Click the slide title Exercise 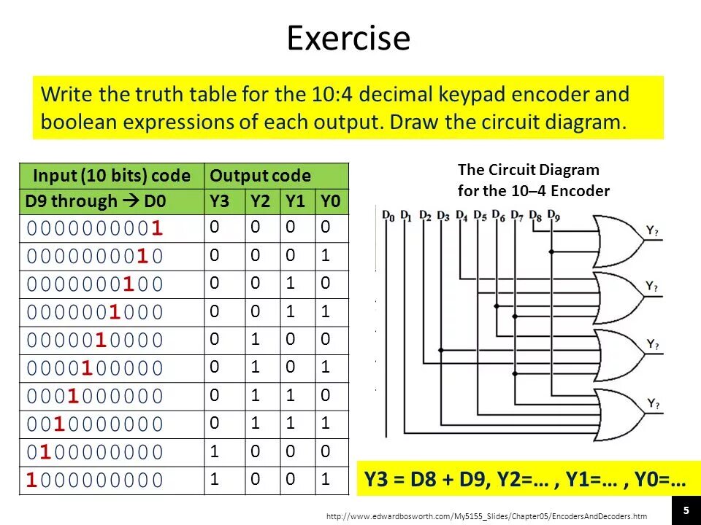(x=348, y=38)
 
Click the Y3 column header (x=219, y=201)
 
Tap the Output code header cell (x=261, y=176)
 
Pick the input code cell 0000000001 (x=95, y=228)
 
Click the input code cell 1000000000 (x=95, y=480)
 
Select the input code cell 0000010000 (x=95, y=341)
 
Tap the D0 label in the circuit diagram (x=388, y=216)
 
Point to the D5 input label (x=479, y=216)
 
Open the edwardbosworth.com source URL (x=486, y=517)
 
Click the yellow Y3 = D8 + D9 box (x=524, y=480)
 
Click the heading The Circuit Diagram (x=528, y=170)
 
